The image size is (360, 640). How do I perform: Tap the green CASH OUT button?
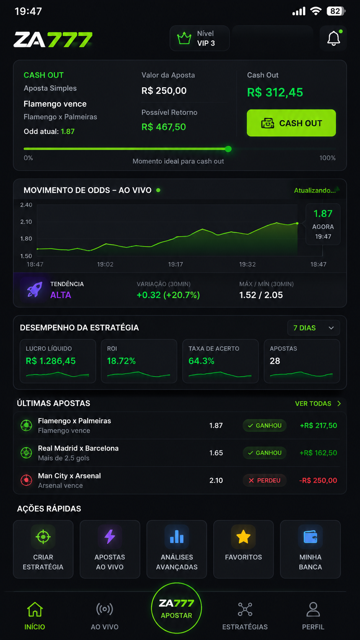click(x=291, y=123)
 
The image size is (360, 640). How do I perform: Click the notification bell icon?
click(x=334, y=38)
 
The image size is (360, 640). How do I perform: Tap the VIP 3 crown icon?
click(x=184, y=38)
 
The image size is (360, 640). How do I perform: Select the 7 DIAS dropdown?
click(x=313, y=328)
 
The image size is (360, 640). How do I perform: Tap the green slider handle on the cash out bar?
click(x=228, y=149)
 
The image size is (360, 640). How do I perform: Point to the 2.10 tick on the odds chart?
click(x=26, y=222)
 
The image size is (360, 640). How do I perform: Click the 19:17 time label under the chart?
click(x=175, y=264)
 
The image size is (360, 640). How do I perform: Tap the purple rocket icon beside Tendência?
click(x=34, y=289)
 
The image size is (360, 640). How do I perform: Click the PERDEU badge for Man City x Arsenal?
click(x=264, y=480)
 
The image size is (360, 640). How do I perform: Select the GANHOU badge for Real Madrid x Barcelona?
click(x=264, y=453)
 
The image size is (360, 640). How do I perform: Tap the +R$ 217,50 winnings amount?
click(x=318, y=425)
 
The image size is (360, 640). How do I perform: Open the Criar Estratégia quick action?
click(x=43, y=549)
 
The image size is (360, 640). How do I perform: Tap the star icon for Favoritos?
click(x=243, y=536)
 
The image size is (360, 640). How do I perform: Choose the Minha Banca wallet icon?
click(x=310, y=537)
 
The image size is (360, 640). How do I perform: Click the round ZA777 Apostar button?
click(x=176, y=608)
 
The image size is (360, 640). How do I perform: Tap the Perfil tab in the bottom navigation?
click(x=313, y=616)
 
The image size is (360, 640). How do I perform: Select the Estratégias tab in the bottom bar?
click(x=245, y=616)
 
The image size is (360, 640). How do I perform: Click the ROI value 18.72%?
click(x=121, y=361)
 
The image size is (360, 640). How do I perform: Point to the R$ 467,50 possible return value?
click(x=164, y=127)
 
